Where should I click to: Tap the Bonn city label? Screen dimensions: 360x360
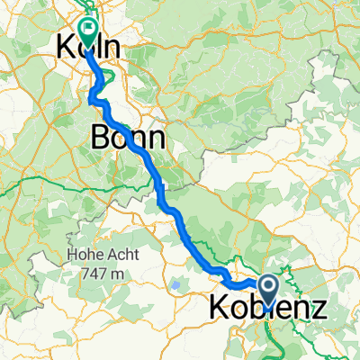[129, 138]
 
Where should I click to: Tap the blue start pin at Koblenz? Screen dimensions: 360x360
[268, 290]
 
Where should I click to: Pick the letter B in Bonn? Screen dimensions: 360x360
[100, 138]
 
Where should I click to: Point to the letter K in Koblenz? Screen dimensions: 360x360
[219, 309]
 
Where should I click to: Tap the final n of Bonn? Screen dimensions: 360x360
[157, 138]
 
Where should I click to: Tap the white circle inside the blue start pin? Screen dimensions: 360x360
[268, 286]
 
